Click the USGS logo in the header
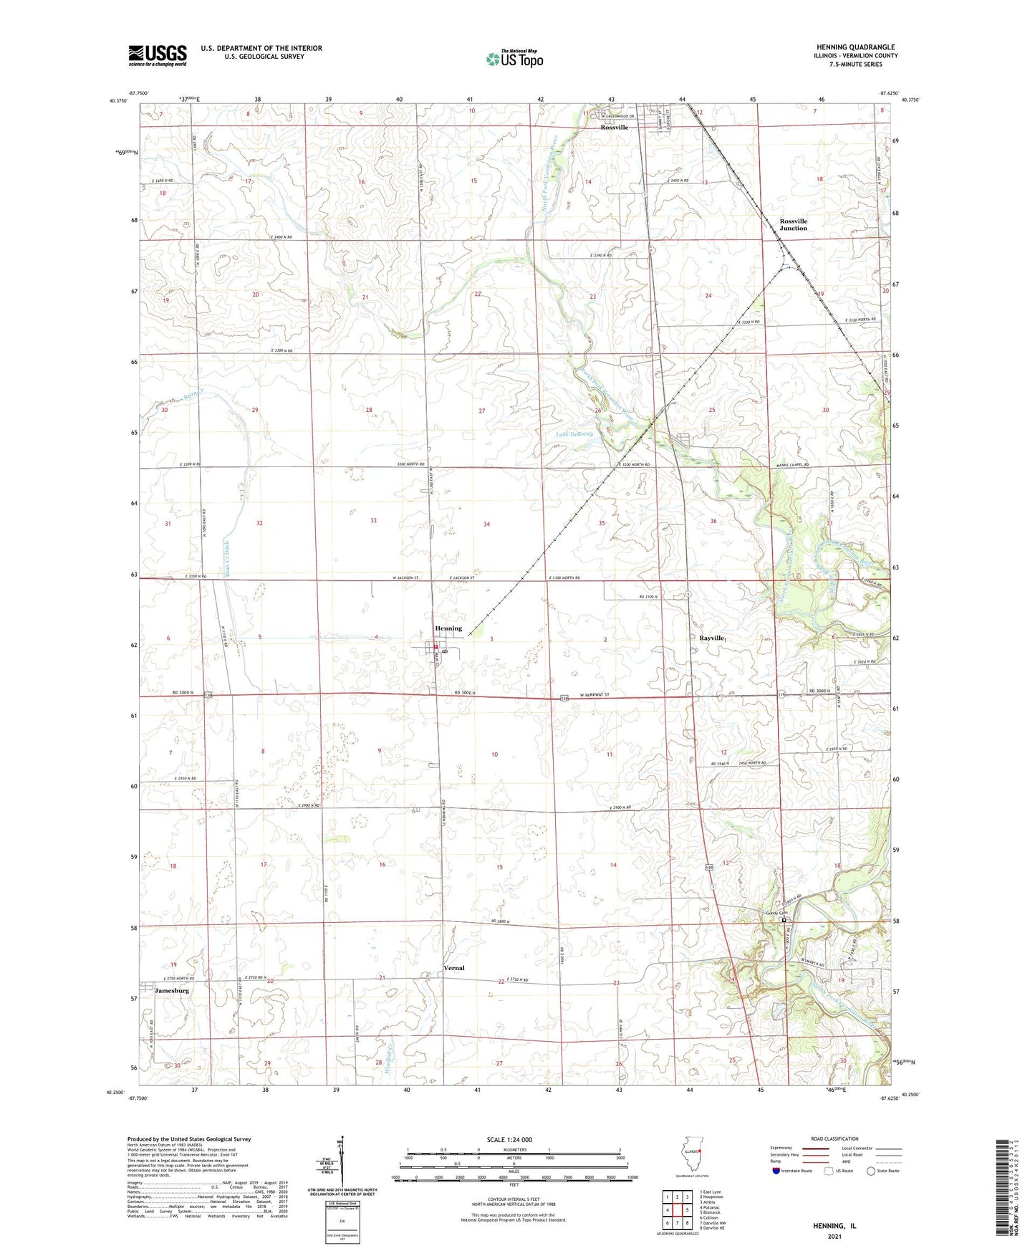[157, 55]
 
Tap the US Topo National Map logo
[514, 58]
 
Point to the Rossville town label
[614, 127]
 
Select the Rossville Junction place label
[793, 224]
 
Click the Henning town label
[448, 628]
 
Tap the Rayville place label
[712, 638]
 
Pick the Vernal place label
[453, 968]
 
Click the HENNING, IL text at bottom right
[834, 1226]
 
